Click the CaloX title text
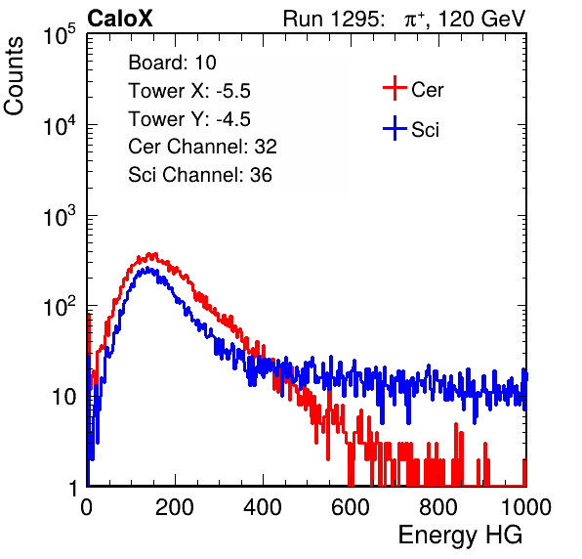tap(119, 19)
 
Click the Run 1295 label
tap(333, 19)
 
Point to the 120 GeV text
tap(481, 19)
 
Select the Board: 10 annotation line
tap(172, 63)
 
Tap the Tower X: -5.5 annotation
tap(189, 91)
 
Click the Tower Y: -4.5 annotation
tap(189, 119)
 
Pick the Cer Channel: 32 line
tap(202, 147)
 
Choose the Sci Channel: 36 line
tap(200, 175)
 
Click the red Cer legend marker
tap(395, 88)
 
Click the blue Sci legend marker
tap(395, 128)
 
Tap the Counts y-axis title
tap(14, 76)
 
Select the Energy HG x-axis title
tap(460, 536)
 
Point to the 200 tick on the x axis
tap(175, 507)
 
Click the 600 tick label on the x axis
tap(351, 507)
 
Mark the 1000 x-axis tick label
tap(526, 507)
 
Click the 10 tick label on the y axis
tap(63, 397)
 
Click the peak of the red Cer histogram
tap(151, 254)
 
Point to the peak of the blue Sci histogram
tap(147, 269)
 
